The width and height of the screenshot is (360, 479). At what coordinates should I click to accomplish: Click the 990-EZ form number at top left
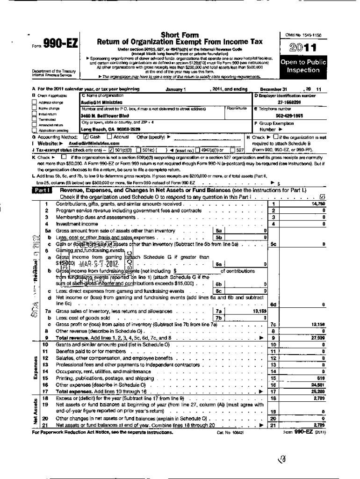(60, 44)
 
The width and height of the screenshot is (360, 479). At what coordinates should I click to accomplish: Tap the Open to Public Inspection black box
(303, 66)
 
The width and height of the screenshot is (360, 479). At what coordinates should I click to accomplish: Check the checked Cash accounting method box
(85, 137)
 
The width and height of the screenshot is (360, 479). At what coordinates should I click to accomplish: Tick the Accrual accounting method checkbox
(109, 137)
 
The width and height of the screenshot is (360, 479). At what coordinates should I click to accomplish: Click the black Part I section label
(42, 190)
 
